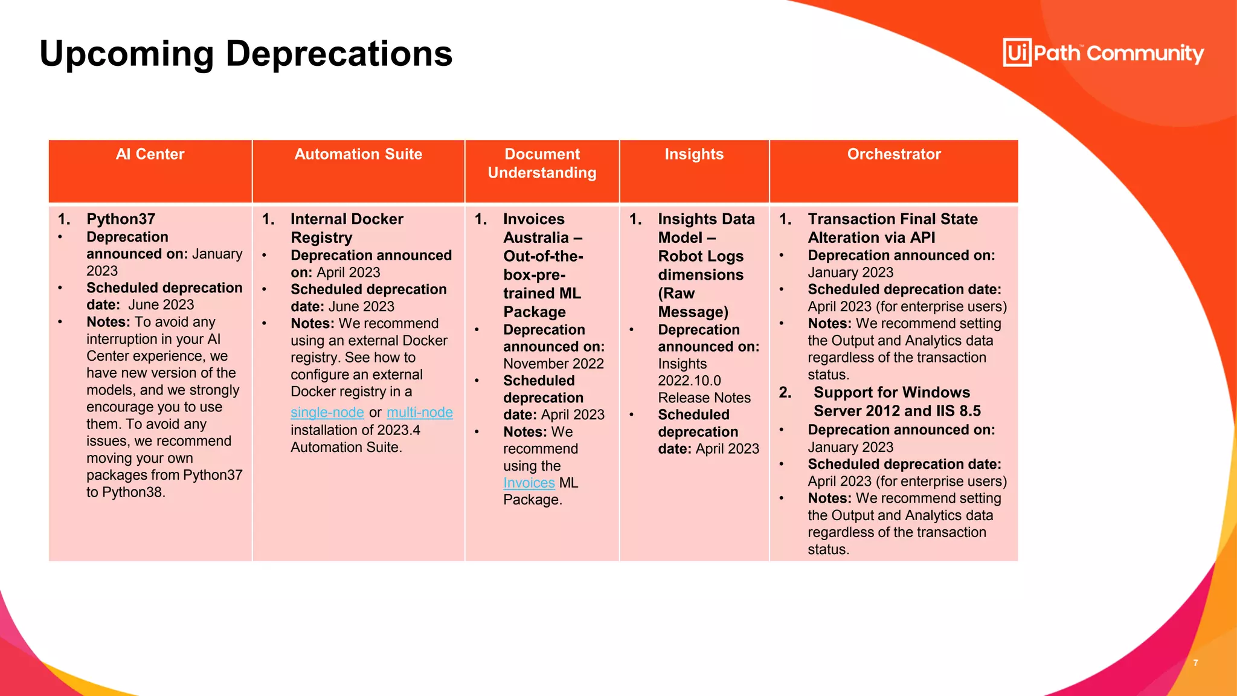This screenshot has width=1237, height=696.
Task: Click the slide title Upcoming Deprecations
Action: coord(246,54)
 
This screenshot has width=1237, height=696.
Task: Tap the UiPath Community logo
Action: coord(1103,53)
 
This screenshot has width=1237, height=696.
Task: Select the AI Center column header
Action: coord(150,155)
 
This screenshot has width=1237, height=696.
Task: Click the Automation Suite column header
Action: coord(358,155)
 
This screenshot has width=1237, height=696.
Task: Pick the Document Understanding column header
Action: coord(542,164)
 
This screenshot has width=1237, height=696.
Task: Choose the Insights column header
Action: coord(694,155)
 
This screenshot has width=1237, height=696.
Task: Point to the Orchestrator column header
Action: coord(894,155)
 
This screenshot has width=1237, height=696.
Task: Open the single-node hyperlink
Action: coord(327,413)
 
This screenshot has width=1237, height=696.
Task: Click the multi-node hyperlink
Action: coord(420,413)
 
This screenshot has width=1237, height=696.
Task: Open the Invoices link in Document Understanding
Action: coord(529,483)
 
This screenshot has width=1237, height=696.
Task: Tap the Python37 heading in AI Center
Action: coord(121,219)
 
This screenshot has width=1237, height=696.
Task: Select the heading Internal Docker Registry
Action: coord(346,228)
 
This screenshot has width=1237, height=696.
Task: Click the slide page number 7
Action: coord(1195,663)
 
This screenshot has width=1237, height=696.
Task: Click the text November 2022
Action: coord(553,364)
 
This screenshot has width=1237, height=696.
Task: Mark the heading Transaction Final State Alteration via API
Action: coord(892,228)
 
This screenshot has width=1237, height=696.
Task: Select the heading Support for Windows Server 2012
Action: coord(896,402)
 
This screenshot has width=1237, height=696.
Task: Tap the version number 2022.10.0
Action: coord(689,381)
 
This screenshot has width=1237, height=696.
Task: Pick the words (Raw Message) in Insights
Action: coord(692,303)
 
